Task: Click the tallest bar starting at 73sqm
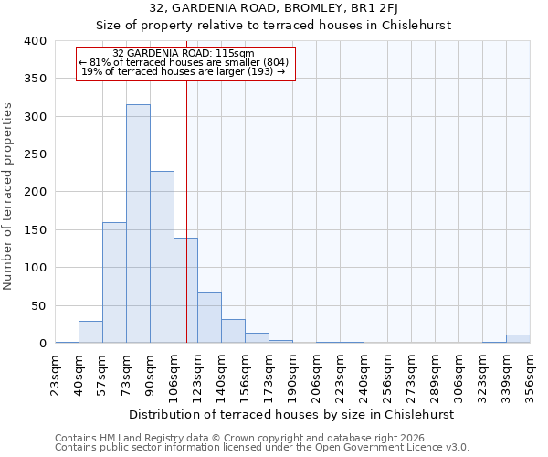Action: (x=138, y=224)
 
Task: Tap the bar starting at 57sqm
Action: (x=114, y=283)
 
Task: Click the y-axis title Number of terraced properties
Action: (x=8, y=196)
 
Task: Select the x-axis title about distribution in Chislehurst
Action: (x=291, y=414)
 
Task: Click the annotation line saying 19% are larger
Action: (x=184, y=71)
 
